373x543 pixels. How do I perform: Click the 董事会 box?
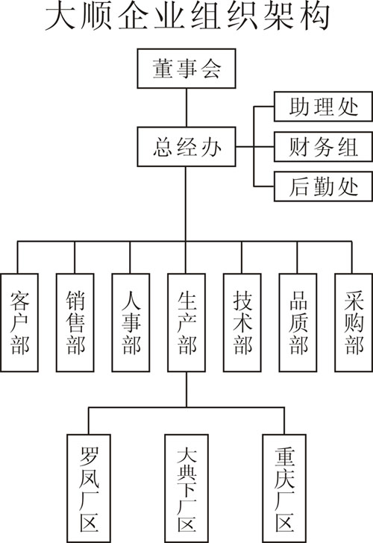pos(186,69)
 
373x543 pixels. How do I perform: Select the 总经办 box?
pos(186,147)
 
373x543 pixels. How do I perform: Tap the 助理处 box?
pos(323,107)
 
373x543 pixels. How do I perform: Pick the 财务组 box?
pos(323,146)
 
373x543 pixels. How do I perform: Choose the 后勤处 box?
pos(323,186)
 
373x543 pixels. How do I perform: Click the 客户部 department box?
pos(19,323)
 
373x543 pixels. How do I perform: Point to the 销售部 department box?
pos(75,323)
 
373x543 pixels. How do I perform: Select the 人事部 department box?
pos(131,323)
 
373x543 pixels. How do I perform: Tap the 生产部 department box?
pos(186,323)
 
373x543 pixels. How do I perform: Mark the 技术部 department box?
pos(242,323)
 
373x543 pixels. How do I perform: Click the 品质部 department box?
pos(298,323)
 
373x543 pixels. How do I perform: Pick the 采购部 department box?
pos(354,323)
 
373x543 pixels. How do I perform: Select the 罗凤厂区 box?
pos(89,489)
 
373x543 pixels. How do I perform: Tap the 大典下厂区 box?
pos(186,489)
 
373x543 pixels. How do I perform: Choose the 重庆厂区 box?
pos(284,489)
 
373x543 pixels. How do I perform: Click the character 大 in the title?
pos(60,16)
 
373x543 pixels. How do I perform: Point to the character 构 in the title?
pos(315,16)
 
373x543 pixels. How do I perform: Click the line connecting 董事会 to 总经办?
pos(186,107)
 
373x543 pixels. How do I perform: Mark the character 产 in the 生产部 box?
pos(186,323)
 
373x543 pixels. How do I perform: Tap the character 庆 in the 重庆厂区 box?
pos(284,478)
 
